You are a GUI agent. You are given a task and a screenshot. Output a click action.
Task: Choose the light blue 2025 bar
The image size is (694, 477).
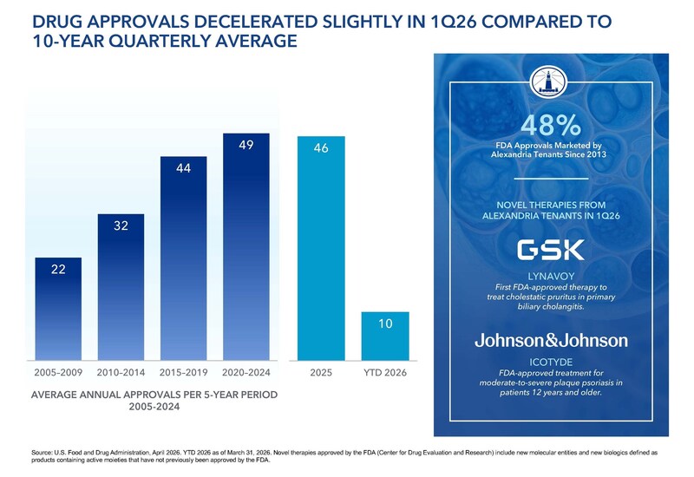pyautogui.click(x=322, y=248)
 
